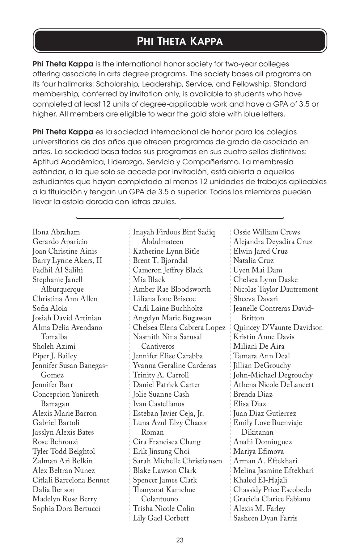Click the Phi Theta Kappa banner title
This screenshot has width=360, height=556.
(x=180, y=41)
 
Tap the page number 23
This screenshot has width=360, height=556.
(x=180, y=540)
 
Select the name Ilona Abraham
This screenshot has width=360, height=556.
(x=56, y=232)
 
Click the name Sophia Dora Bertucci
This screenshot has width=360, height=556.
(x=66, y=508)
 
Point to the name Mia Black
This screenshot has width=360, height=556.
(x=149, y=280)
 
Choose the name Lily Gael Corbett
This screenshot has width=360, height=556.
(x=161, y=518)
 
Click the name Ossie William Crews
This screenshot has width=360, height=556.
(x=266, y=232)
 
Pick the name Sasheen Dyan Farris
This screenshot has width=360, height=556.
(x=265, y=518)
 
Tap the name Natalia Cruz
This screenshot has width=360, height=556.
(x=253, y=261)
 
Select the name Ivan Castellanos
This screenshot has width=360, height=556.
(x=159, y=404)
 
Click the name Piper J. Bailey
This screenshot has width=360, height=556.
(x=55, y=356)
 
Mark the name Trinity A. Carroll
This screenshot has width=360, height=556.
(x=161, y=375)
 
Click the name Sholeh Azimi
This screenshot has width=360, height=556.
(x=54, y=347)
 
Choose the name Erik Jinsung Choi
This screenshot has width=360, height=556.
(x=161, y=451)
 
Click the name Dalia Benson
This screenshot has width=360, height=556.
(x=54, y=490)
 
